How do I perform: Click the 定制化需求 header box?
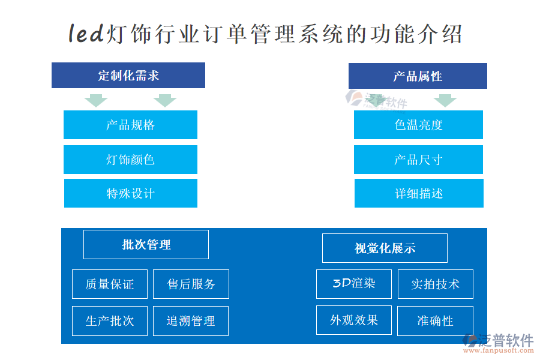pos(128,75)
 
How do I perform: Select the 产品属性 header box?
pos(418,76)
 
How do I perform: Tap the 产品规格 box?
pos(131,125)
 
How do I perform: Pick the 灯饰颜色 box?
pos(131,160)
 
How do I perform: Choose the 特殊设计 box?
pos(131,193)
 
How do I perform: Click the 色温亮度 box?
pos(418,125)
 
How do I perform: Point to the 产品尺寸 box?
pos(418,160)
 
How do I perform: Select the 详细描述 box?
pos(419,193)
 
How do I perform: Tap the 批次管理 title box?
pos(146,245)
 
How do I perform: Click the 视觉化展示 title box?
pos(385,248)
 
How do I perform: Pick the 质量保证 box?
pos(110,284)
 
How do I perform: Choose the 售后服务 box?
pos(191,284)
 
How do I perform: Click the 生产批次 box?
pos(110,321)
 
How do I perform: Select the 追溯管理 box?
pos(191,321)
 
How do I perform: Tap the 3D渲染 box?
pos(354,284)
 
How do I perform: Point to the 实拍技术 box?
pos(436,284)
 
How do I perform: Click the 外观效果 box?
pos(354,320)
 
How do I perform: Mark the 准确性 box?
pos(436,321)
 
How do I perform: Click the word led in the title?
pos(86,34)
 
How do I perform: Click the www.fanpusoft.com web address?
pos(499,350)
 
